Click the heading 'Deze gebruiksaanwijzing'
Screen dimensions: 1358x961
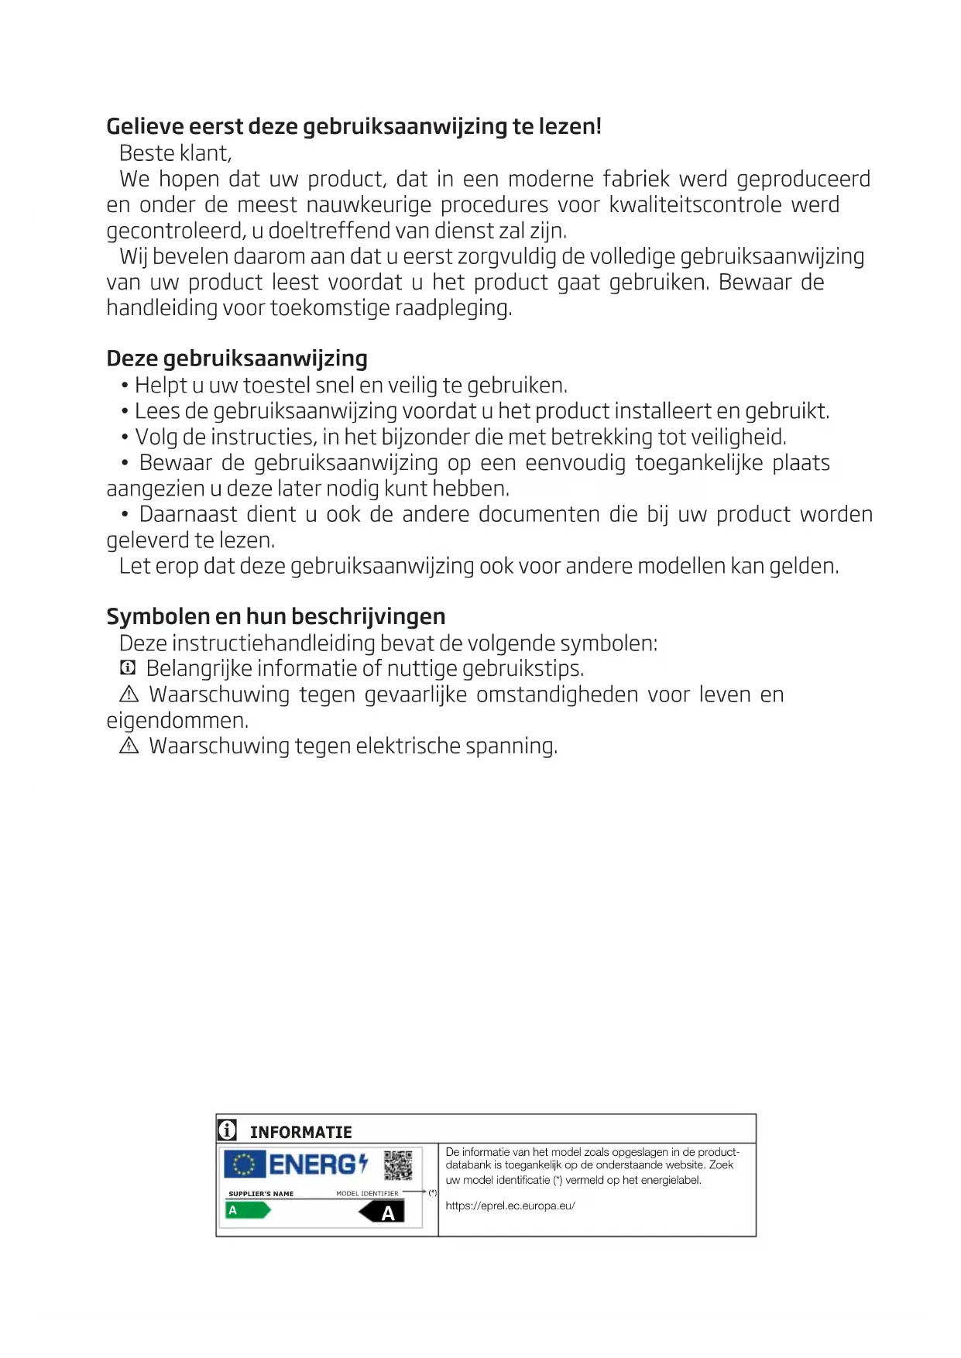pyautogui.click(x=237, y=358)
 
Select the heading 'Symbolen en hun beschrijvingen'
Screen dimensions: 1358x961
pyautogui.click(x=276, y=616)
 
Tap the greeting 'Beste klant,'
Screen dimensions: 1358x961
pyautogui.click(x=175, y=153)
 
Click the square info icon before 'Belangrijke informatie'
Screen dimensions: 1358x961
pyautogui.click(x=129, y=668)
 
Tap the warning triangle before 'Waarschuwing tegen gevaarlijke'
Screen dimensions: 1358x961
pyautogui.click(x=129, y=694)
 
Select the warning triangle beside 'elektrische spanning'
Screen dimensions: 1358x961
pyautogui.click(x=129, y=746)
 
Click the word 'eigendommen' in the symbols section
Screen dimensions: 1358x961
pyautogui.click(x=177, y=721)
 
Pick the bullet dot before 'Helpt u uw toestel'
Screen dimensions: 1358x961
pyautogui.click(x=125, y=386)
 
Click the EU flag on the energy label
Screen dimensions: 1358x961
pyautogui.click(x=244, y=1164)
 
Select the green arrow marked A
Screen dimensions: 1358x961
pyautogui.click(x=247, y=1210)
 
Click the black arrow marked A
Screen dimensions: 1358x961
pyautogui.click(x=382, y=1212)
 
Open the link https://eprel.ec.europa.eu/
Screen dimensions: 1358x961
pyautogui.click(x=510, y=1205)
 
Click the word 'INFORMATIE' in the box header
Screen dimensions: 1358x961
pyautogui.click(x=300, y=1132)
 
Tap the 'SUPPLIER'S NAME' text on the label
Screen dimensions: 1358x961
pyautogui.click(x=261, y=1194)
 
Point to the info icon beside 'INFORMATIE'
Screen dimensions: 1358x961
pyautogui.click(x=227, y=1130)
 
